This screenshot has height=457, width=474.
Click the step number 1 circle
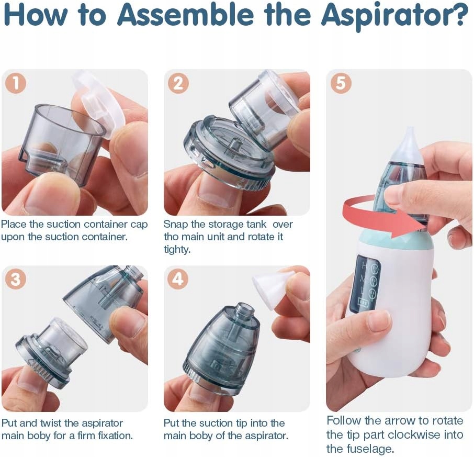coord(16,83)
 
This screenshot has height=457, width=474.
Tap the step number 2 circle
coord(178,83)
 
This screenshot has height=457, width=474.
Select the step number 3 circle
coord(16,278)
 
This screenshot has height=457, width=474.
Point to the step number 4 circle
coord(178,278)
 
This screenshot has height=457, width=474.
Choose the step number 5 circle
coord(341,83)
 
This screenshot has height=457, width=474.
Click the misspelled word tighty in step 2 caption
coord(177,250)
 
